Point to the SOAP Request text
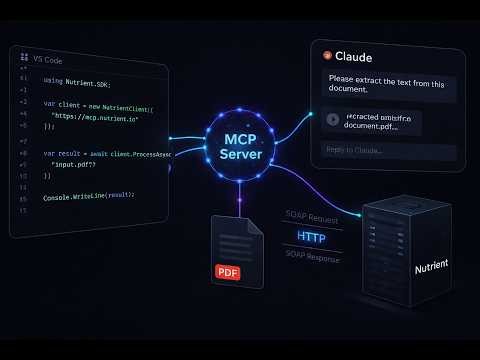[x=311, y=216]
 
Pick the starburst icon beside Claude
[x=327, y=57]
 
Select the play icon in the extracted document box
[x=331, y=119]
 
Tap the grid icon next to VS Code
[x=23, y=59]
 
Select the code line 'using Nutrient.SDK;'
[x=75, y=79]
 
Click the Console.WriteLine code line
[x=89, y=197]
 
